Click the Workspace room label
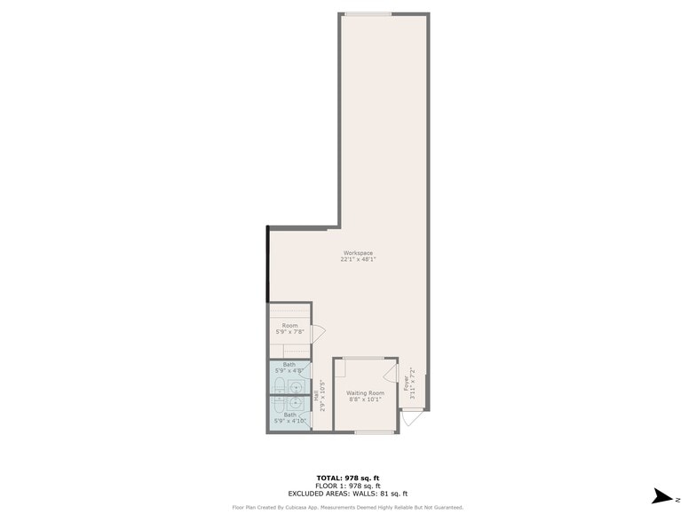[358, 253]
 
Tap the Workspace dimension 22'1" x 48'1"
[358, 259]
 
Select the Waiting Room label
[365, 392]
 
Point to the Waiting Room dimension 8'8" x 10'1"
[365, 399]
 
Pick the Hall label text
[316, 396]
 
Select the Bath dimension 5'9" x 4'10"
[290, 421]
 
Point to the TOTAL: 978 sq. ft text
[347, 478]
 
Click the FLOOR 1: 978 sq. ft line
[347, 486]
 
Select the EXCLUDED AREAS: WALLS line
[347, 494]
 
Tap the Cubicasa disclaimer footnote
[347, 508]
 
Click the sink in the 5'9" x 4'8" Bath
[294, 386]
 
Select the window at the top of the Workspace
[368, 13]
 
